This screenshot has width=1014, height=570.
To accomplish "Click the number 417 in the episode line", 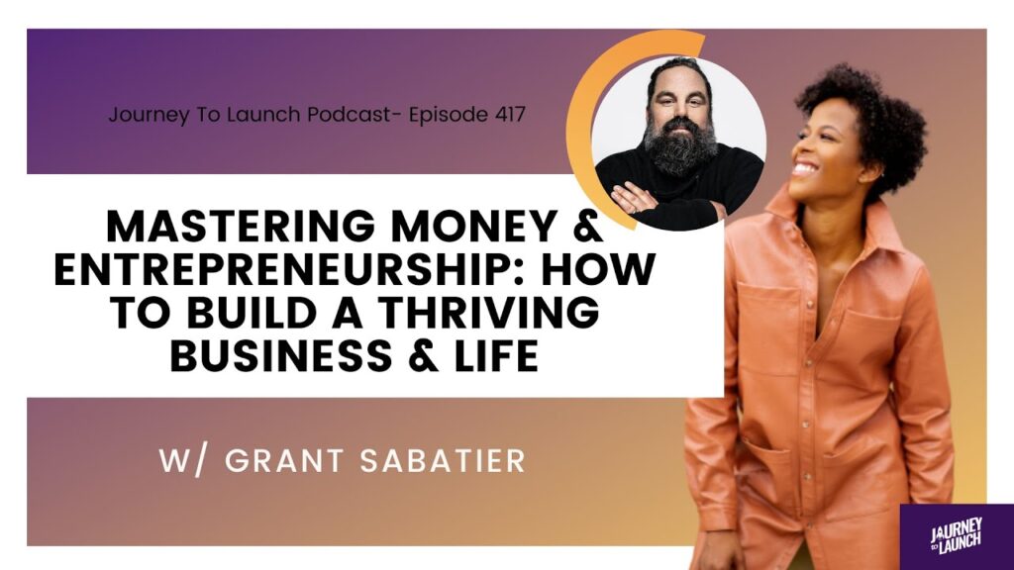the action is click(510, 115).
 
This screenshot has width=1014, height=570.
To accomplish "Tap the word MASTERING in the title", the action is click(241, 227).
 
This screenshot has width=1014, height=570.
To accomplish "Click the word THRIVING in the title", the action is click(488, 312).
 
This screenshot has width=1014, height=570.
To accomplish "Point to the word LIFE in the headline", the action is click(497, 355).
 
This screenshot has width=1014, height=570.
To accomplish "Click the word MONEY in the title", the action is click(475, 227).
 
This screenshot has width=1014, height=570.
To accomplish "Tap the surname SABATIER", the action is click(443, 461).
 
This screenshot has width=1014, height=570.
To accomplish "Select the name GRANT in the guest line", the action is click(284, 461).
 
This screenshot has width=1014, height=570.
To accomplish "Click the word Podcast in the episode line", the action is click(349, 115).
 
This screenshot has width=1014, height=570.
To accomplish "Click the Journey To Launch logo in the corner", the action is click(957, 536).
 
